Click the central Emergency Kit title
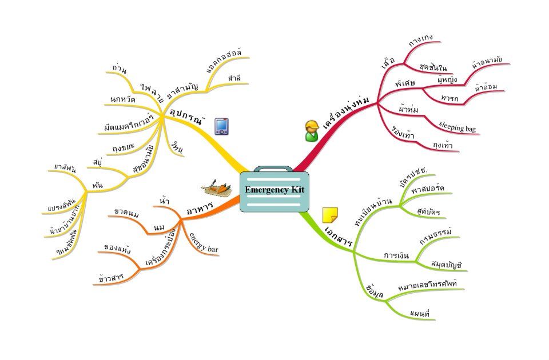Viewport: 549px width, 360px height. (x=274, y=190)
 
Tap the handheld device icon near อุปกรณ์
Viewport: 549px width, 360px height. (x=222, y=126)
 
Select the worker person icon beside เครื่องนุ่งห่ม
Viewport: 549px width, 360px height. (x=311, y=131)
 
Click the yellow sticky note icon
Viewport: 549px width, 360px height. (x=330, y=215)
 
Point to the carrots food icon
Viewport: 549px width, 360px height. (x=216, y=186)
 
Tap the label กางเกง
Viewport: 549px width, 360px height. (x=420, y=41)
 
